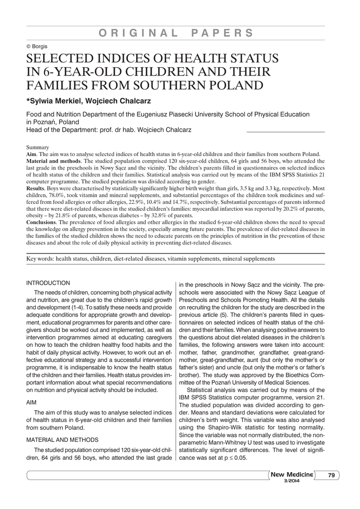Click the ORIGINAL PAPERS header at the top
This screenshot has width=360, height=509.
[x=176, y=33]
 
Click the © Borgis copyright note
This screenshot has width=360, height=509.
[x=37, y=46]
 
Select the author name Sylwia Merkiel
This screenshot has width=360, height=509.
[x=55, y=101]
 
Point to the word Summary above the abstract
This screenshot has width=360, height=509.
[x=37, y=147]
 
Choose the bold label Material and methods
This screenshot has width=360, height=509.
[x=53, y=161]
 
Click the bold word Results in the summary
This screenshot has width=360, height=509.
[x=36, y=189]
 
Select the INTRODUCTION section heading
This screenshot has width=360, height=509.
[x=48, y=283]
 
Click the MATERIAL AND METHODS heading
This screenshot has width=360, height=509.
[x=62, y=439]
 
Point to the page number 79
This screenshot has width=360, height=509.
[x=331, y=476]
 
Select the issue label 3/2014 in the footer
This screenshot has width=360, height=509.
[x=292, y=481]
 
